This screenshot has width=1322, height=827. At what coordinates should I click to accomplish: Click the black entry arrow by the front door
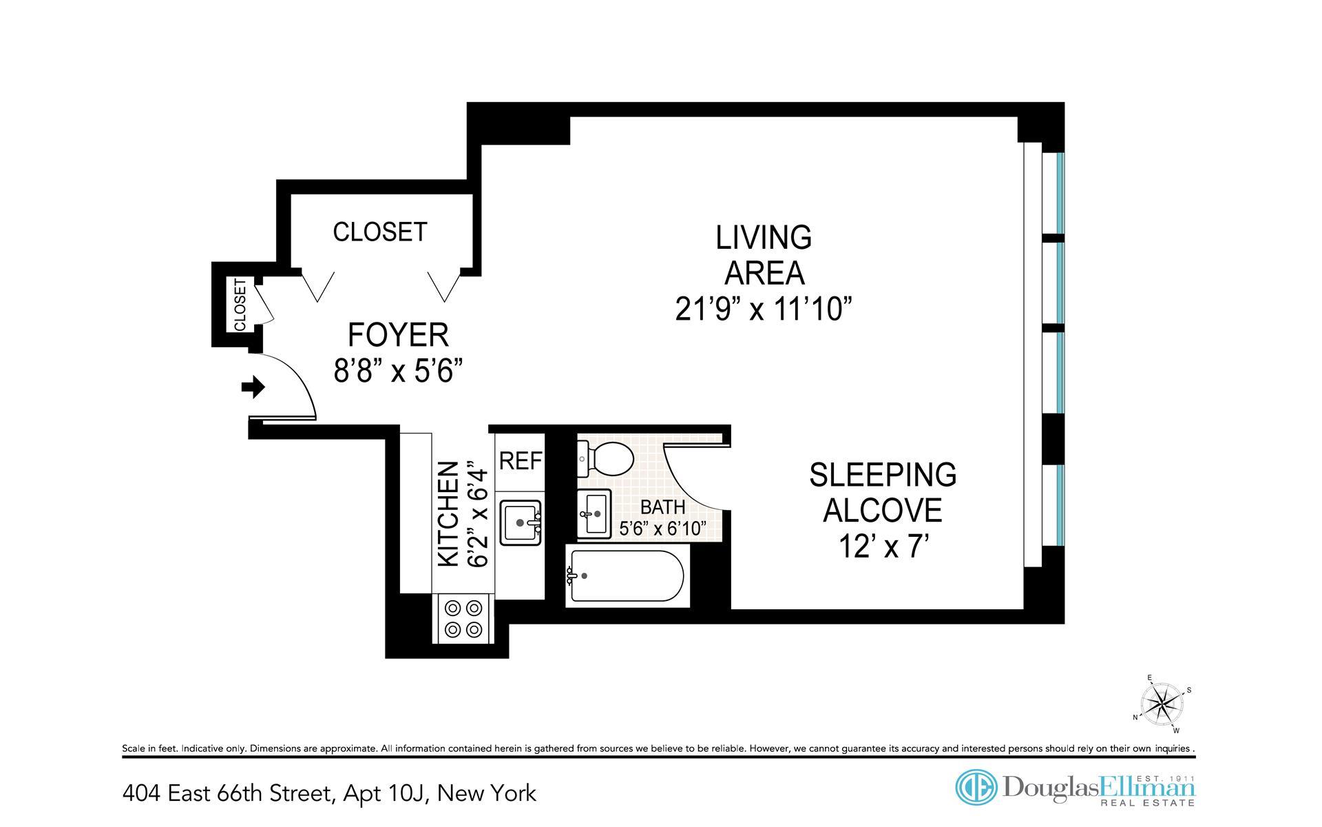[x=253, y=387]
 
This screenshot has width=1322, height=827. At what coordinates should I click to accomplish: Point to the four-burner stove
[x=463, y=618]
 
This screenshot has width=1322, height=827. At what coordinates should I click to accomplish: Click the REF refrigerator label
[x=521, y=460]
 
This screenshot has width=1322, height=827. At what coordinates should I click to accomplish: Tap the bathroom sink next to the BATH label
[x=594, y=513]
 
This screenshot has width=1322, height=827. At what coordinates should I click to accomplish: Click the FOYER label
[x=398, y=335]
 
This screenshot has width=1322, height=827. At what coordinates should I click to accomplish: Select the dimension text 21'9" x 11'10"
[x=764, y=309]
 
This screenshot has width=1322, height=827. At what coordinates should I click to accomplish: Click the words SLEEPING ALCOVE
[x=883, y=492]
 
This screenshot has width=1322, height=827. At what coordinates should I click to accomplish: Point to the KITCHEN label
[x=448, y=514]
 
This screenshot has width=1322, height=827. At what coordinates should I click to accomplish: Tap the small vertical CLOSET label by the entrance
[x=240, y=305]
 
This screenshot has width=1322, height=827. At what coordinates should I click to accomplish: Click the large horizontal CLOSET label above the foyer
[x=380, y=232]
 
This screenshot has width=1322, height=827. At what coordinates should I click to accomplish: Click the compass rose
[x=1162, y=704]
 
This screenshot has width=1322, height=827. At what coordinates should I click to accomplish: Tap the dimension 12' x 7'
[x=884, y=547]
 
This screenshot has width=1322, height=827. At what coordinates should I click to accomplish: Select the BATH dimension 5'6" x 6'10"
[x=663, y=529]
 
